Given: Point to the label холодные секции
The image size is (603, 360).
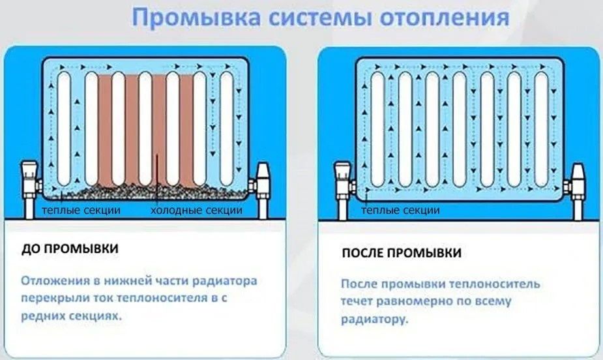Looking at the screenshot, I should click(196, 211).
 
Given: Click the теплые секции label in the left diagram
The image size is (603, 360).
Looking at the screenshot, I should click(80, 211).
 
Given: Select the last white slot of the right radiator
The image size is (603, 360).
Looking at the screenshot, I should click(541, 127).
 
